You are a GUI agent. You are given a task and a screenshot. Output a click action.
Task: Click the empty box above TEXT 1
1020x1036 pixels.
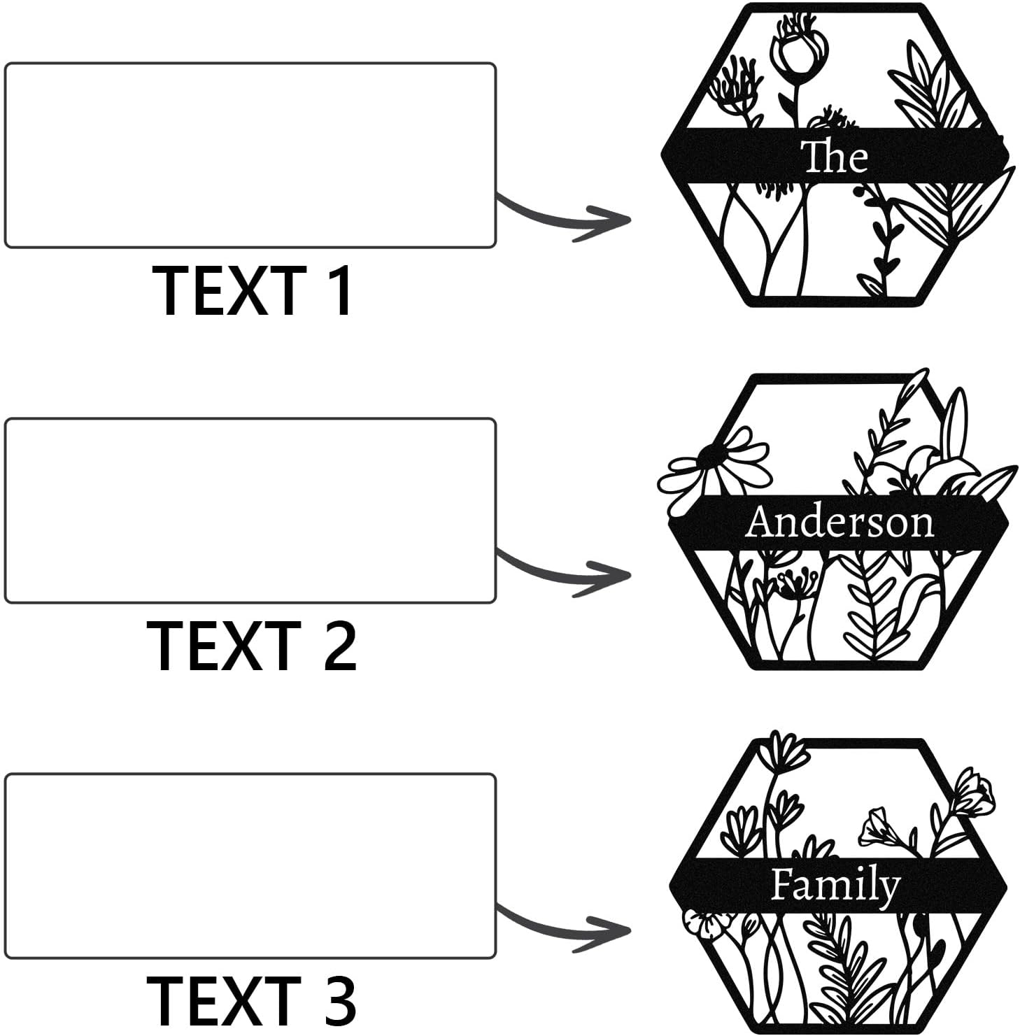250,155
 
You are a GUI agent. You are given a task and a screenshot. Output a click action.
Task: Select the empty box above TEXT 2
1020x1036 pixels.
250,511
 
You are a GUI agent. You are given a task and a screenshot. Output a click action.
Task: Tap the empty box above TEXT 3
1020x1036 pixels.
250,866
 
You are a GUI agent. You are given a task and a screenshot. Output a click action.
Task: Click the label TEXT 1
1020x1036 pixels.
253,290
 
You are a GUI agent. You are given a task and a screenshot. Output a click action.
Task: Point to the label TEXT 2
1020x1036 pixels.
252,646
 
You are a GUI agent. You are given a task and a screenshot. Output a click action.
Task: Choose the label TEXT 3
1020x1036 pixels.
252,1001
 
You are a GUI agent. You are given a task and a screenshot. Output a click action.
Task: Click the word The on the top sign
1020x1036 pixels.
835,157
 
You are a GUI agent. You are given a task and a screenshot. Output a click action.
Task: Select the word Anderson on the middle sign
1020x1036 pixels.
839,522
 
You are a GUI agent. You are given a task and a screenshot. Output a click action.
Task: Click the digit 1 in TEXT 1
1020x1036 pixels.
339,290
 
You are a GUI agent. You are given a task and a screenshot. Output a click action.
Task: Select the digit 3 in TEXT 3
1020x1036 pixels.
338,1001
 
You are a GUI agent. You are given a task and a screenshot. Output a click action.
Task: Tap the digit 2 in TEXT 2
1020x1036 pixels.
338,646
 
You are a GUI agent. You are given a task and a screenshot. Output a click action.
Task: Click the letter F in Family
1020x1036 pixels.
782,884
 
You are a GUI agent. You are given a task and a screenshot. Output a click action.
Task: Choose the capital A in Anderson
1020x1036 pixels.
761,522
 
